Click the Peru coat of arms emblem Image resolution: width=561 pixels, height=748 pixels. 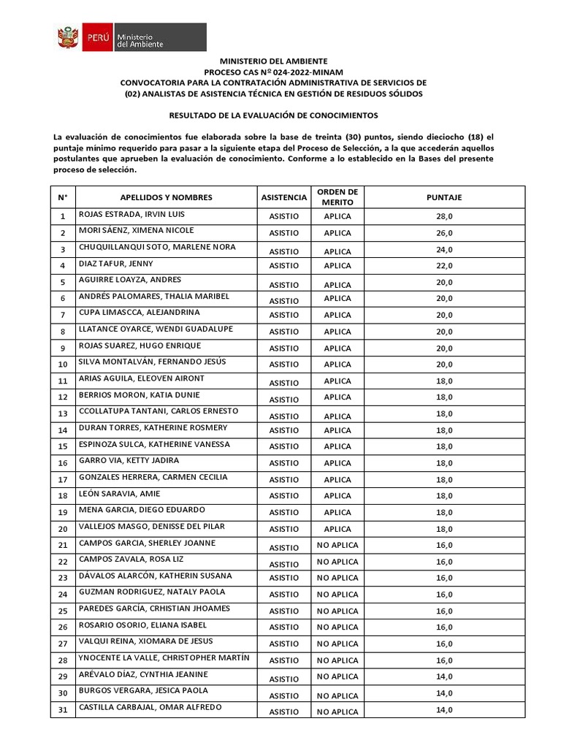[x=68, y=37]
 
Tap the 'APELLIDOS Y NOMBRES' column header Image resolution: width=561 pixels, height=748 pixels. [x=166, y=197]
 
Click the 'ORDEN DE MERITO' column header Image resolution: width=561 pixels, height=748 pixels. [x=337, y=196]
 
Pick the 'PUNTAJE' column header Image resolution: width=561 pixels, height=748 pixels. [x=444, y=197]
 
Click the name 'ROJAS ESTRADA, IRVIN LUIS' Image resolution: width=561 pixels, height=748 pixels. [x=131, y=215]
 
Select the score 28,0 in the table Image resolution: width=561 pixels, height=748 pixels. [x=444, y=216]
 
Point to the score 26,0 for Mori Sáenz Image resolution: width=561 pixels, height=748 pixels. [x=444, y=233]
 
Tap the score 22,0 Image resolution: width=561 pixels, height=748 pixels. [x=444, y=266]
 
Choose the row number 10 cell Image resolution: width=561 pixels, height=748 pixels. [x=63, y=365]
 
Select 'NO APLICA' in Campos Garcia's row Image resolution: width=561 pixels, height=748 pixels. [x=337, y=546]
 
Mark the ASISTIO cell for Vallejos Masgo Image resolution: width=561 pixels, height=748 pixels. [x=283, y=529]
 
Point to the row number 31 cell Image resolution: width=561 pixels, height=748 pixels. [x=63, y=709]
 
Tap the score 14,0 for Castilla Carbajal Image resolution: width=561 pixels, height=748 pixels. [x=444, y=709]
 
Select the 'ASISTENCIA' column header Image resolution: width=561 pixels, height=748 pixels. [x=283, y=197]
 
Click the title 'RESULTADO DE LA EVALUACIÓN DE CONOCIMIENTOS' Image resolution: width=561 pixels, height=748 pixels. [x=274, y=115]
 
